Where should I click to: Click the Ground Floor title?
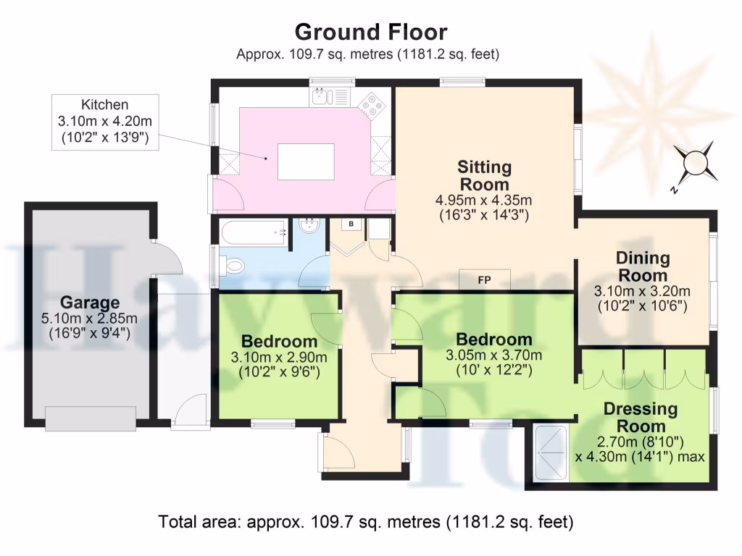click(371, 32)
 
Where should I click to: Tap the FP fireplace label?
click(485, 280)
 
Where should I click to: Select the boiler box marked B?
click(351, 224)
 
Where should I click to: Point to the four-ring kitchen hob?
click(371, 105)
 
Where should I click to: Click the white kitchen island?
click(306, 161)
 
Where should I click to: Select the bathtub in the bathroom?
click(254, 232)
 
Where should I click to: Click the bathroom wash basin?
click(310, 226)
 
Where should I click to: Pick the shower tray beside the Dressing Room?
click(551, 453)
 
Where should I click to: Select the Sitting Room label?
click(484, 175)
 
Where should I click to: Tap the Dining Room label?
click(643, 266)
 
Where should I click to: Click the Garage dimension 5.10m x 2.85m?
click(89, 319)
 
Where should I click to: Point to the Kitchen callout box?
click(105, 122)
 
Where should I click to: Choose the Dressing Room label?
click(641, 418)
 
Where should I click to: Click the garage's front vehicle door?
click(91, 418)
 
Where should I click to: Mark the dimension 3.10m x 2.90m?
click(279, 357)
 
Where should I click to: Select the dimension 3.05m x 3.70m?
click(493, 355)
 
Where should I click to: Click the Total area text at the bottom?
click(366, 522)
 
